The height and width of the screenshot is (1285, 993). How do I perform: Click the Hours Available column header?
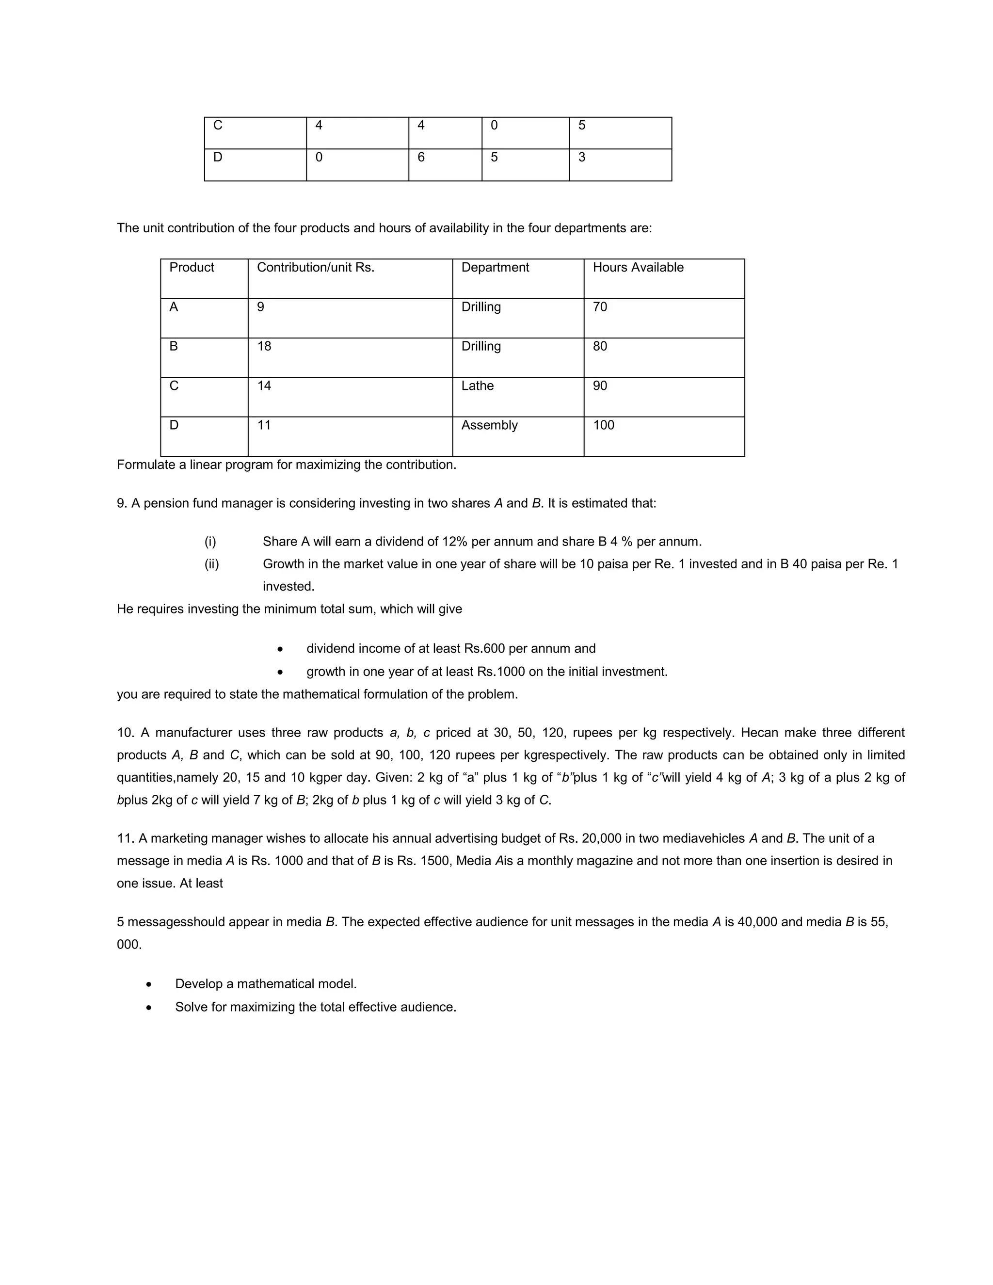point(638,267)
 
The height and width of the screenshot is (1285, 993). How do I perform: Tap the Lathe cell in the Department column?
point(477,385)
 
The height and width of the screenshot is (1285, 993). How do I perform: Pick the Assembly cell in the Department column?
point(489,425)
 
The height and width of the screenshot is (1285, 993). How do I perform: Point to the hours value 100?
point(603,425)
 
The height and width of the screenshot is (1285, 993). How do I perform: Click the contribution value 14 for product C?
point(264,385)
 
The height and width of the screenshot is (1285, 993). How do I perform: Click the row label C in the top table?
point(218,125)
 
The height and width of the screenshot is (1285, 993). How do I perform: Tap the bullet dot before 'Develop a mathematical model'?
point(149,984)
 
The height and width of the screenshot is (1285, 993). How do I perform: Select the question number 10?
point(125,733)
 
